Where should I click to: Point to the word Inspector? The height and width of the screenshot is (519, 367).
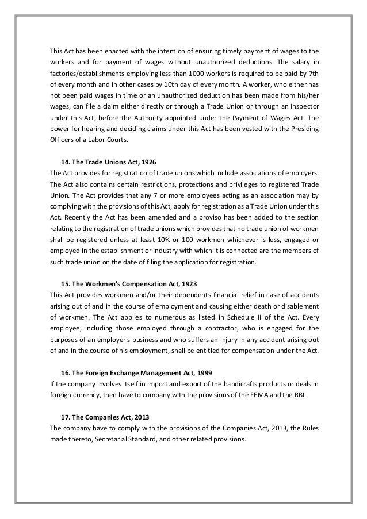301,107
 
